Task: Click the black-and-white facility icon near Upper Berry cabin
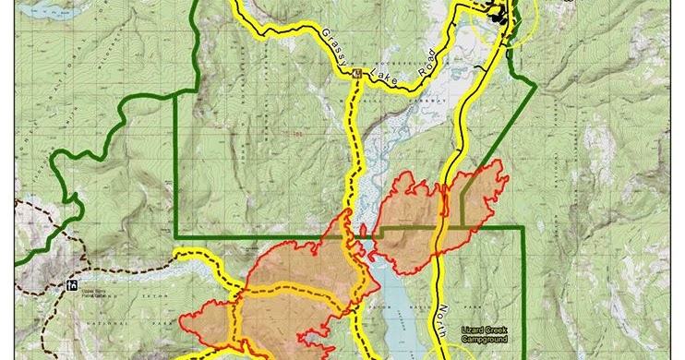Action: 72,284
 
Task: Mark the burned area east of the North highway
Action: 475,198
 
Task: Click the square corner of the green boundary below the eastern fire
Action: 523,227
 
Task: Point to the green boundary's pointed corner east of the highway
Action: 535,85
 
